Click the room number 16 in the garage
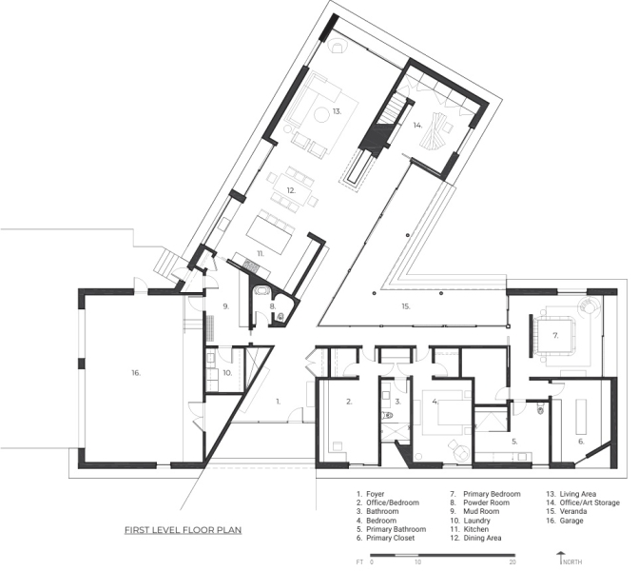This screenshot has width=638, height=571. pos(136,373)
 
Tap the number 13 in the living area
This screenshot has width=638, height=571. pos(337,111)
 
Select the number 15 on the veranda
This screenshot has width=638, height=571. pos(406,306)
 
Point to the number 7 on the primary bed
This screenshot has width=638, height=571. pos(555,336)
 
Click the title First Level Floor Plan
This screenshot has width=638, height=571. pos(184,530)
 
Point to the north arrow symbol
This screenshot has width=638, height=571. pos(561,558)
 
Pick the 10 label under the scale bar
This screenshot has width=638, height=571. pos(417,562)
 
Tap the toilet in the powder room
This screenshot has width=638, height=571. pos(280,316)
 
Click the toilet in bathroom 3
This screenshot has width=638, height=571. pos(388,416)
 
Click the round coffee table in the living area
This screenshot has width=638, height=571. pos(321,115)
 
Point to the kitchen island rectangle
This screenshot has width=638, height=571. pos(270,235)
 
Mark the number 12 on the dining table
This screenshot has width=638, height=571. pos(291,190)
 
